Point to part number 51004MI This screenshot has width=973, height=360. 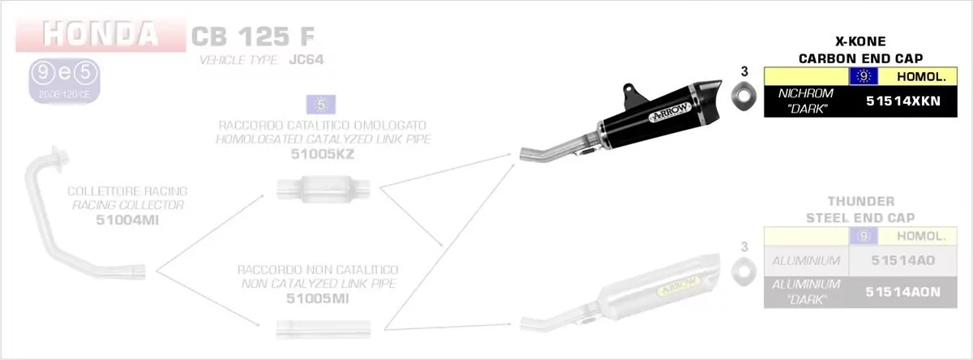[x=128, y=218]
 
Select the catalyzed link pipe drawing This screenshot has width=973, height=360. [x=324, y=189]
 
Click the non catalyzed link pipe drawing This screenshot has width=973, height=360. [x=323, y=328]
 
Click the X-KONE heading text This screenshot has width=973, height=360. [x=860, y=41]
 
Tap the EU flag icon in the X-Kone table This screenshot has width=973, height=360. [x=864, y=77]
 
